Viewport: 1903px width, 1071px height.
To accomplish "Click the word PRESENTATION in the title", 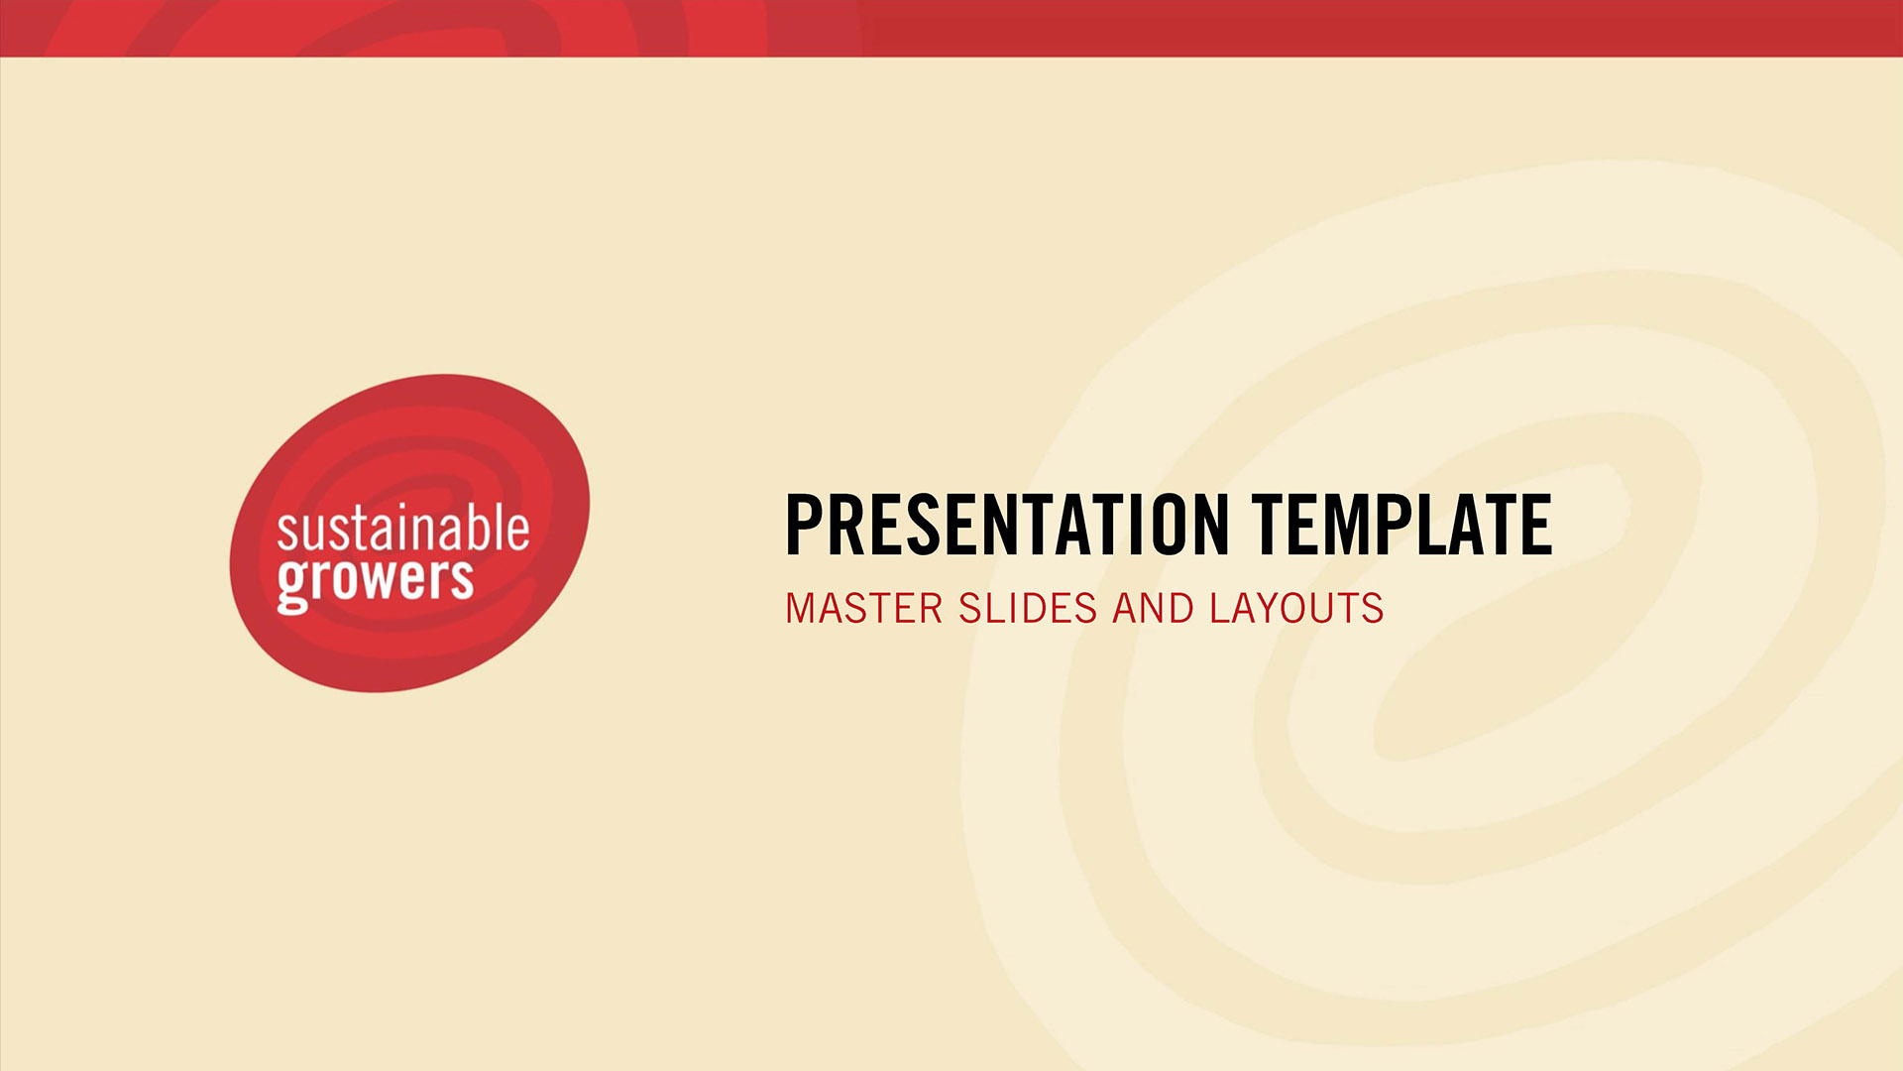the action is coord(1007,524).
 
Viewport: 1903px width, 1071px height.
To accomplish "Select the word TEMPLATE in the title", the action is coord(1401,524).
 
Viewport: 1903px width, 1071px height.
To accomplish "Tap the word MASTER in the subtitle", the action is coord(863,609).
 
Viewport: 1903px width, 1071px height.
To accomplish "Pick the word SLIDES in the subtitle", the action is coord(1028,609).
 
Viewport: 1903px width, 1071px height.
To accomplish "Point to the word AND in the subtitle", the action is coord(1154,609).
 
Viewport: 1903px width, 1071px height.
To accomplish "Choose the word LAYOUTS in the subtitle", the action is coord(1296,609).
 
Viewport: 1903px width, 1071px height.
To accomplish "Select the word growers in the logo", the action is coord(375,583).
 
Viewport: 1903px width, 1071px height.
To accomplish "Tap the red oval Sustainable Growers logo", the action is coord(409,533).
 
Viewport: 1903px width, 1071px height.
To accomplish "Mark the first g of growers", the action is coord(291,587).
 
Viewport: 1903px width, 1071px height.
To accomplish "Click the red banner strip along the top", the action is coord(951,28).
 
